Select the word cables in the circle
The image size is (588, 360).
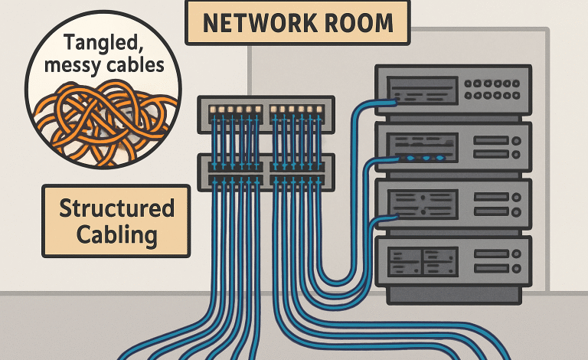136,66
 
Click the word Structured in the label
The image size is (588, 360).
116,208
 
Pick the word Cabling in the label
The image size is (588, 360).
116,234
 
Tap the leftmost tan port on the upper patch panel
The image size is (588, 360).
211,110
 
